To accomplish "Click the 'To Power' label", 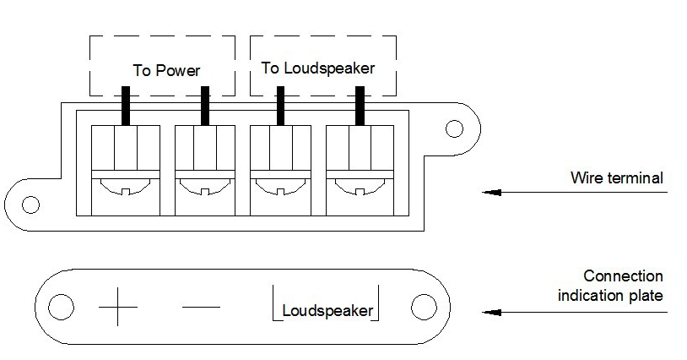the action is (x=166, y=71).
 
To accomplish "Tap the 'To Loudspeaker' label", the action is (x=318, y=68).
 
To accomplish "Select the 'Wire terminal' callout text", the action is (x=616, y=178).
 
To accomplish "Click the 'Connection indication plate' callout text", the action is (x=610, y=286).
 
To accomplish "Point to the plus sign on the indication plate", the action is (x=117, y=307).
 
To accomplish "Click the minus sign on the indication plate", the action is (x=201, y=307).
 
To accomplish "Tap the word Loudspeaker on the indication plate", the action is (x=327, y=310).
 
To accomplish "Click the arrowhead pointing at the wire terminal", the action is (x=491, y=192).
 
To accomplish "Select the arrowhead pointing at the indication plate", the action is (x=491, y=312).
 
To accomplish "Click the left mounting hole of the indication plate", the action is (x=61, y=307).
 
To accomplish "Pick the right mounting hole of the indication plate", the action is (x=424, y=307).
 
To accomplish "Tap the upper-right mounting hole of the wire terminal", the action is (x=454, y=128).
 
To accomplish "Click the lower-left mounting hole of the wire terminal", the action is (x=30, y=205).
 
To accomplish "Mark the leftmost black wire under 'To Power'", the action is (x=126, y=106).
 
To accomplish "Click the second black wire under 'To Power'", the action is (x=204, y=106).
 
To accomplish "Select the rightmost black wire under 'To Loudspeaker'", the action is (x=360, y=106).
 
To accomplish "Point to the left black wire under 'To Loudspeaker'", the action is (x=280, y=106).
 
